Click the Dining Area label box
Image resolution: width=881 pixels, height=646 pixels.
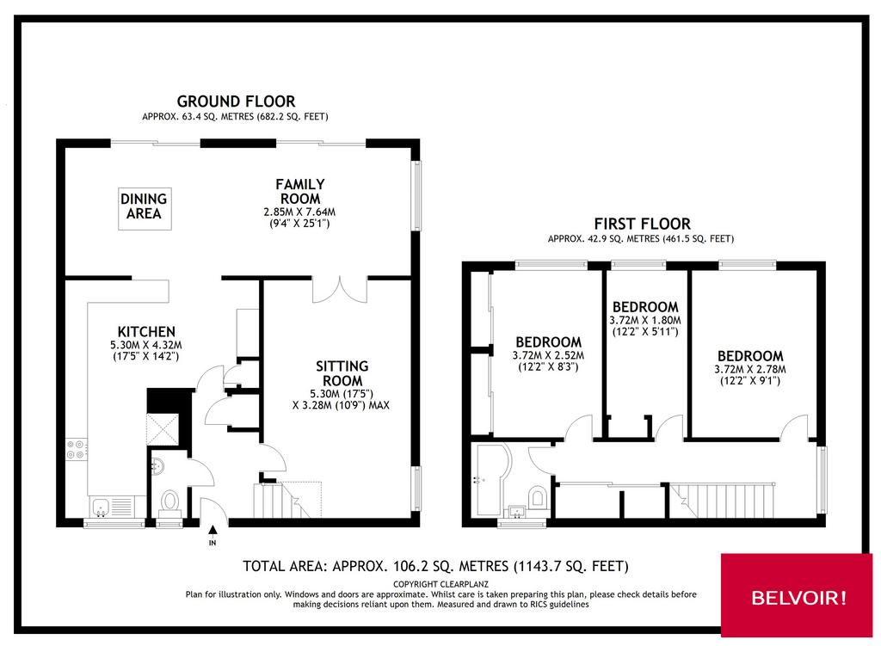[x=145, y=208]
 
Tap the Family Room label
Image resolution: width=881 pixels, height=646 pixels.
[x=300, y=192]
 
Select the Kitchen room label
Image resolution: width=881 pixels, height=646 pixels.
[x=146, y=331]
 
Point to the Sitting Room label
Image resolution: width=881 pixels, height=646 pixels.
[x=342, y=373]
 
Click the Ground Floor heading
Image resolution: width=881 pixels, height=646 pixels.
[x=236, y=102]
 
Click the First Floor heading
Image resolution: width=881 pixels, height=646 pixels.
[x=642, y=224]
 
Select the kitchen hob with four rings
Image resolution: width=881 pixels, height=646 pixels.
[x=77, y=449]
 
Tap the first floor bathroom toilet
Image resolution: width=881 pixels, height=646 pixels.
[x=539, y=496]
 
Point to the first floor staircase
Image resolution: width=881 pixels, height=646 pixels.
[x=722, y=500]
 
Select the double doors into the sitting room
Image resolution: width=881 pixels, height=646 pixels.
[x=340, y=290]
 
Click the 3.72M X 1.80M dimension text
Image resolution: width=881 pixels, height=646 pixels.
[x=645, y=320]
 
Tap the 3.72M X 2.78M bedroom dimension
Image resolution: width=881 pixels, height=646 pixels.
[x=750, y=369]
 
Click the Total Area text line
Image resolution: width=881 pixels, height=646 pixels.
[x=435, y=566]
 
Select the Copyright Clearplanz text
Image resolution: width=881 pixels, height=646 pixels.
[x=441, y=584]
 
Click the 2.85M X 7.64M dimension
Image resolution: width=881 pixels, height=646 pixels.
[x=299, y=212]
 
